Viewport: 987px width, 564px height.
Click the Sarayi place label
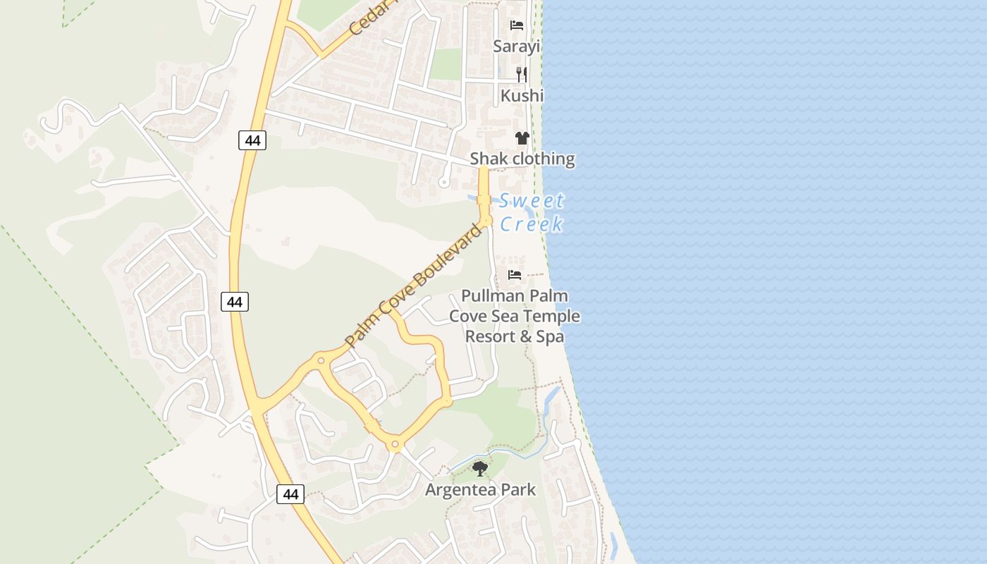coord(516,47)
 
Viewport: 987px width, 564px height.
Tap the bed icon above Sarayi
coord(517,25)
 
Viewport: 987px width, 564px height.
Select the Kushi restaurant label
coord(522,95)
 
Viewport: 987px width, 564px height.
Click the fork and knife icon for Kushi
coord(522,74)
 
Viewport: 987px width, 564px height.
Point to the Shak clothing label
coord(522,159)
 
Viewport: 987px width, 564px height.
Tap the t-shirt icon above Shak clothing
coord(522,138)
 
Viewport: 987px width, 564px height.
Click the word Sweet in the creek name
coord(532,201)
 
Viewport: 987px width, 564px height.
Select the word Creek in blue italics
coord(532,224)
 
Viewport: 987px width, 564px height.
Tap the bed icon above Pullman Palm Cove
coord(515,275)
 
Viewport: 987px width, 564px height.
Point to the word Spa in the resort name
coord(550,337)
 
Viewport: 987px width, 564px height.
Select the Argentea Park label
coord(480,489)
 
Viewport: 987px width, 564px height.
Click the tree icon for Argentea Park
coord(480,468)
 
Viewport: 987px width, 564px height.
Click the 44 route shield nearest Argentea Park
coord(290,494)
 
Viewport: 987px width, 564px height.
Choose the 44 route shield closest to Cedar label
coord(252,140)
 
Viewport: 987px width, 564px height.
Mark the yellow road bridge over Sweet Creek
coord(484,200)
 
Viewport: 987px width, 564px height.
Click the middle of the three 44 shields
coord(235,302)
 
